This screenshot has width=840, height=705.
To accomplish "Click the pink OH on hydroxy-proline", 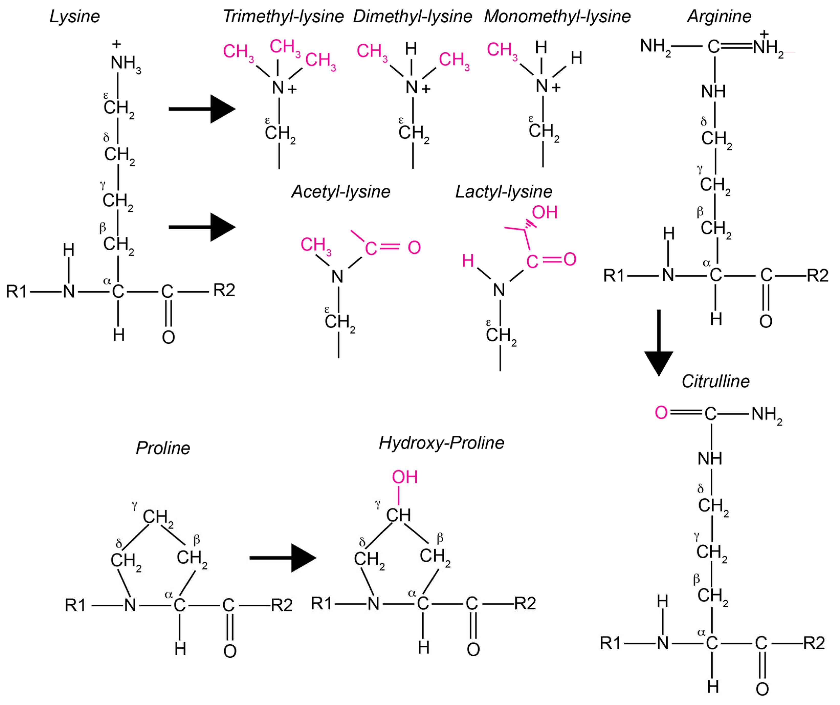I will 404,477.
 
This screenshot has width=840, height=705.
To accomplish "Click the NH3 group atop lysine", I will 125,63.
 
